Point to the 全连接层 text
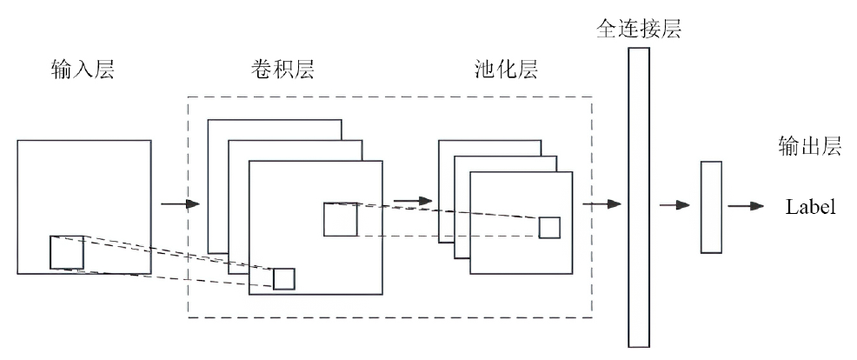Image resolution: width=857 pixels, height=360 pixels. pyautogui.click(x=638, y=28)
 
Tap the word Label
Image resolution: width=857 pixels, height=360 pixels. pyautogui.click(x=810, y=207)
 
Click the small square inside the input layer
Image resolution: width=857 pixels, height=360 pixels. pyautogui.click(x=67, y=252)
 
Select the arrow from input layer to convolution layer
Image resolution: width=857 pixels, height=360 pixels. pyautogui.click(x=179, y=205)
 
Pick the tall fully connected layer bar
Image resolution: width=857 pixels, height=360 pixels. pyautogui.click(x=639, y=197)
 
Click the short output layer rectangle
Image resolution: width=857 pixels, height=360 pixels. pyautogui.click(x=711, y=207)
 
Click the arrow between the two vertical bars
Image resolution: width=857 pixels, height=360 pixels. pyautogui.click(x=674, y=206)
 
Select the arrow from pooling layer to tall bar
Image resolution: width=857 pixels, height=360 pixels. pyautogui.click(x=601, y=204)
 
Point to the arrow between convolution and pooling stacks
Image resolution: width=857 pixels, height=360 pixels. pyautogui.click(x=412, y=201)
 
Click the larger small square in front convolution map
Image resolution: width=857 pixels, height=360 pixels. pyautogui.click(x=340, y=219)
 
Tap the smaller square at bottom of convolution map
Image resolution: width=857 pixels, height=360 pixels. pyautogui.click(x=284, y=278)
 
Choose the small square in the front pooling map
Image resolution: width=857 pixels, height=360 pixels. pyautogui.click(x=549, y=227)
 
